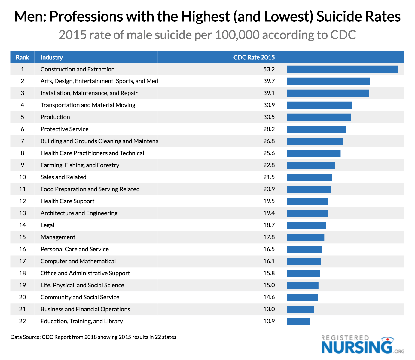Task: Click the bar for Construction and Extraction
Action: [x=342, y=69]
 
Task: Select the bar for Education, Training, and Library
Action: [x=298, y=321]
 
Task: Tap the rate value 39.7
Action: [x=269, y=81]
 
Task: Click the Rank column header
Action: [x=23, y=57]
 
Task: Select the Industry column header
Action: [x=52, y=57]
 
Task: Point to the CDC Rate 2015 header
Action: [x=254, y=57]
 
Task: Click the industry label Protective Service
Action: [x=65, y=129]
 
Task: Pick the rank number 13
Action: [x=23, y=213]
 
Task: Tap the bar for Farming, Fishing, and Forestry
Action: [x=311, y=165]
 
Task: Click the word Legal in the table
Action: [x=47, y=225]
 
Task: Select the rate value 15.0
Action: [x=269, y=285]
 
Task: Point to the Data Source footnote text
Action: [x=93, y=337]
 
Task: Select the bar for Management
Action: [x=306, y=237]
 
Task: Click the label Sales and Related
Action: [x=63, y=177]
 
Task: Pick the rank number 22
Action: [x=23, y=321]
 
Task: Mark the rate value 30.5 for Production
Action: [x=269, y=117]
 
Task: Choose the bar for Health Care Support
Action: [x=307, y=201]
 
